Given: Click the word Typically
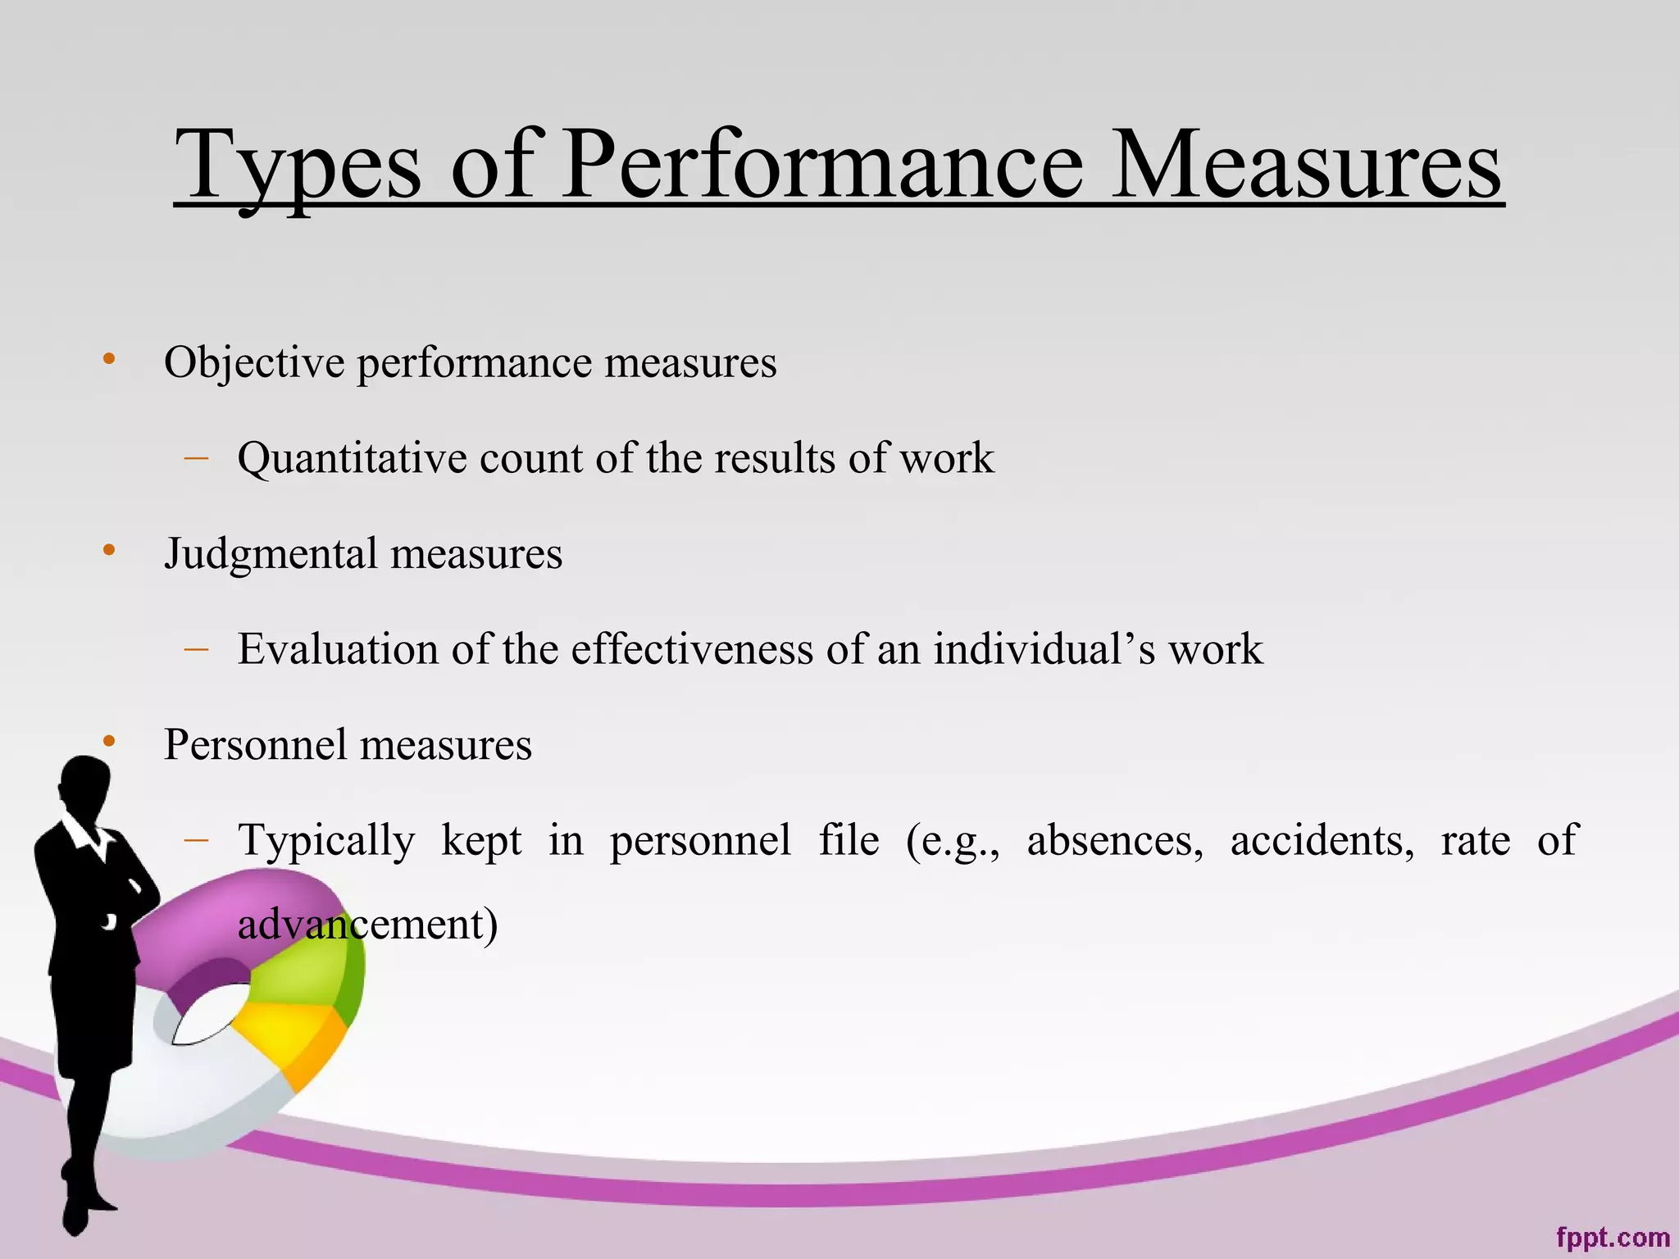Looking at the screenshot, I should [326, 842].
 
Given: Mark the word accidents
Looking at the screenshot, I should [1322, 840].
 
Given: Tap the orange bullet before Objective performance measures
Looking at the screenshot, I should [109, 359].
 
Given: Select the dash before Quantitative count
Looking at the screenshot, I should [197, 457].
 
